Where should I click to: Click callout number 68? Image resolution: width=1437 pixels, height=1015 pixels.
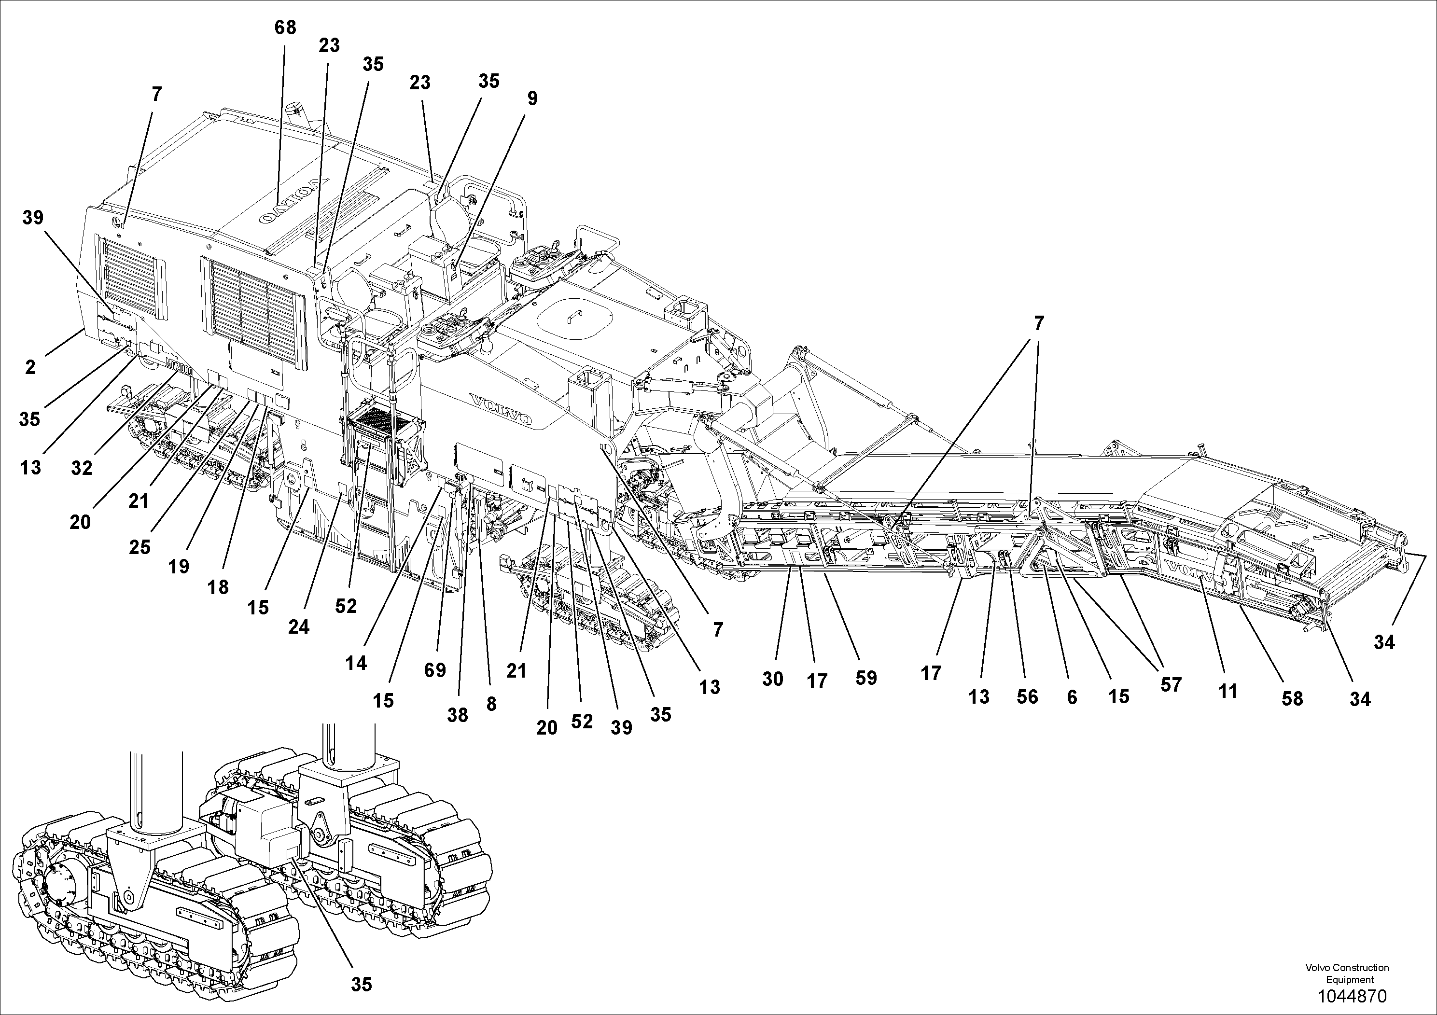(x=285, y=28)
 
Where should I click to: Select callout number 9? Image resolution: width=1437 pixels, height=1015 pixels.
(x=532, y=99)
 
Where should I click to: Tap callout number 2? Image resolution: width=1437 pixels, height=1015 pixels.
(x=30, y=367)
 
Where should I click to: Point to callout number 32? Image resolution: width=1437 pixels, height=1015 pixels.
(x=82, y=468)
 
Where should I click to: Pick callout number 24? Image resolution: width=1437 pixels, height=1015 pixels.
(x=298, y=626)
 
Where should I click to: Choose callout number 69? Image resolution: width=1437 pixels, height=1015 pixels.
(x=435, y=670)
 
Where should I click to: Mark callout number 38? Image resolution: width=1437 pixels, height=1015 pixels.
(x=458, y=715)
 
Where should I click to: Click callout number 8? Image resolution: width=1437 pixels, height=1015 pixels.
(x=491, y=704)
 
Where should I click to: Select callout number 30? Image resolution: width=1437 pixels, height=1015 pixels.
(x=772, y=679)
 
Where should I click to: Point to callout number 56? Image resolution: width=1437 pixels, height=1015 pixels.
(x=1027, y=696)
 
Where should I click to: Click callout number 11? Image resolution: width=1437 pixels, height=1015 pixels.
(x=1228, y=692)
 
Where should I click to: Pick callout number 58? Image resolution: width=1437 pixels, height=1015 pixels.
(x=1292, y=698)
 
